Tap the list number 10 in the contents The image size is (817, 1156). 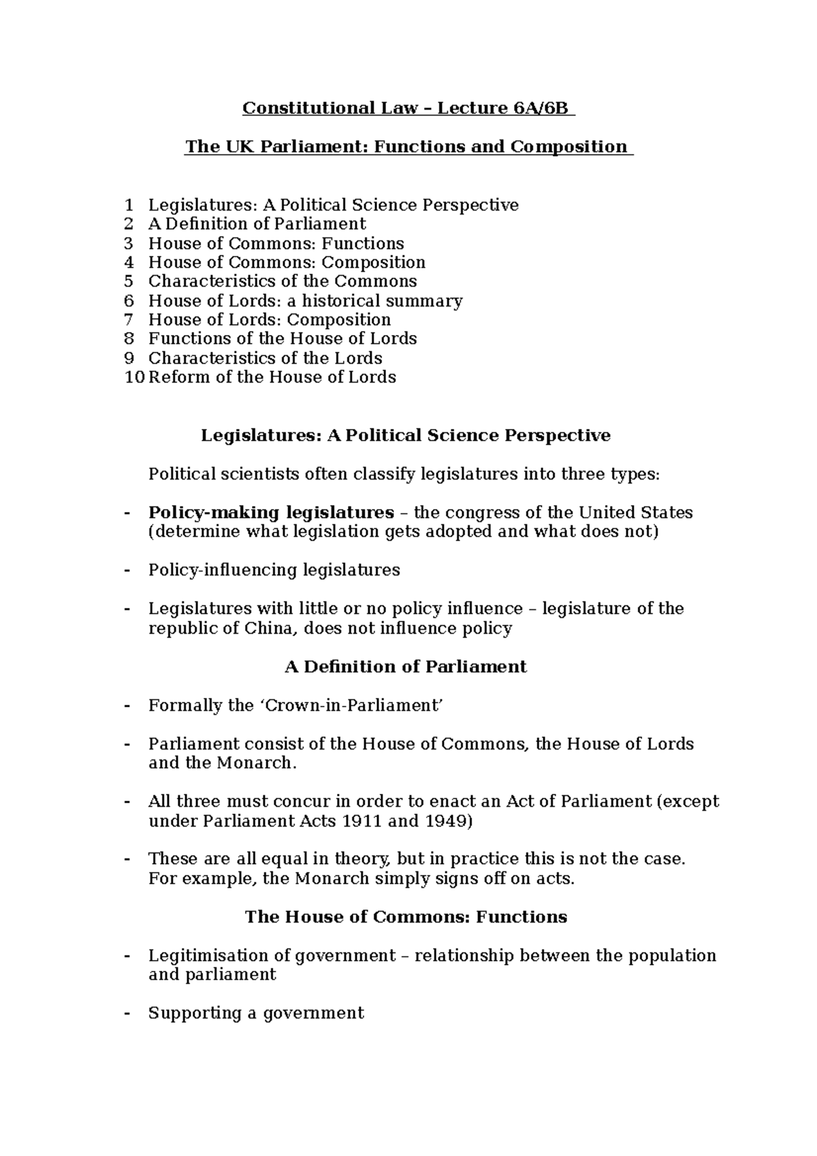(135, 377)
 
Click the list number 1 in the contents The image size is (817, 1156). (129, 205)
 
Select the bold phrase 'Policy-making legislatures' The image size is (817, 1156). (271, 513)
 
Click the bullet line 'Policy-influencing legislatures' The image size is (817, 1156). (274, 570)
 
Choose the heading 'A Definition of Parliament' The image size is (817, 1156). (405, 667)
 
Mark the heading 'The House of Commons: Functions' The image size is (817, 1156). (405, 917)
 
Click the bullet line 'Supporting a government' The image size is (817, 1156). (256, 1013)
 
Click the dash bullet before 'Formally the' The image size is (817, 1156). (127, 705)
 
